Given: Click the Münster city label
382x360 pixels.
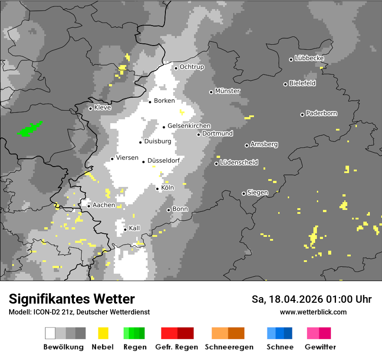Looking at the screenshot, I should [227, 91].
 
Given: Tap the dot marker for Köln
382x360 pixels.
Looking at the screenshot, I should [158, 189].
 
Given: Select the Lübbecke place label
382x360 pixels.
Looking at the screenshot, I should [309, 58].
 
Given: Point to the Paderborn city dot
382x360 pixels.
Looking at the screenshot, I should [302, 115].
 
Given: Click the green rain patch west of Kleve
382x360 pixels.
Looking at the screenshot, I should [30, 129].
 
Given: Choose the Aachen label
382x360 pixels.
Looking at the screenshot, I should [104, 205].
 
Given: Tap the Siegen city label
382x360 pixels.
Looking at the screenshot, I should [257, 193].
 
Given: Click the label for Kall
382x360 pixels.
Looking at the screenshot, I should [135, 228].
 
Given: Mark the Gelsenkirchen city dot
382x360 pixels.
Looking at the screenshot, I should [164, 127].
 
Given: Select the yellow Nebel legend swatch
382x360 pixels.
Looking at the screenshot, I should [103, 333].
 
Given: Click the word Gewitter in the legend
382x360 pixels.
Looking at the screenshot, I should [320, 347].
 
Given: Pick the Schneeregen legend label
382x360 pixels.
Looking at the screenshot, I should [229, 347].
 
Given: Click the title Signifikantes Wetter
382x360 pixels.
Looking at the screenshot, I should [72, 299].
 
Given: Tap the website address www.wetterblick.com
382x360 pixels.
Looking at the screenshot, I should [313, 312].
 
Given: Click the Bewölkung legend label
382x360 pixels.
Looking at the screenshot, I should [63, 347].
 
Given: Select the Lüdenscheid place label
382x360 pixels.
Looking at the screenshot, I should [239, 163].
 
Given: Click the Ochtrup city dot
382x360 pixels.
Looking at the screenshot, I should [176, 68].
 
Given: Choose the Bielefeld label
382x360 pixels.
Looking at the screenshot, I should [302, 83].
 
